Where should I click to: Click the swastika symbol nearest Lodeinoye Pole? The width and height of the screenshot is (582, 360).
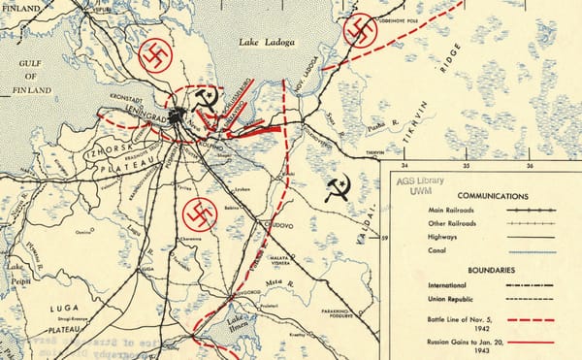(x=360, y=32)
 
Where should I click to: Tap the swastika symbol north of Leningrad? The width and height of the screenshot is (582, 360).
(x=156, y=56)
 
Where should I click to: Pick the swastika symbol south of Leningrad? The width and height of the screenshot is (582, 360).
(x=200, y=213)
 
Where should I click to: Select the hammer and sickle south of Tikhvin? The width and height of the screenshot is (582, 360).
(x=337, y=188)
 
